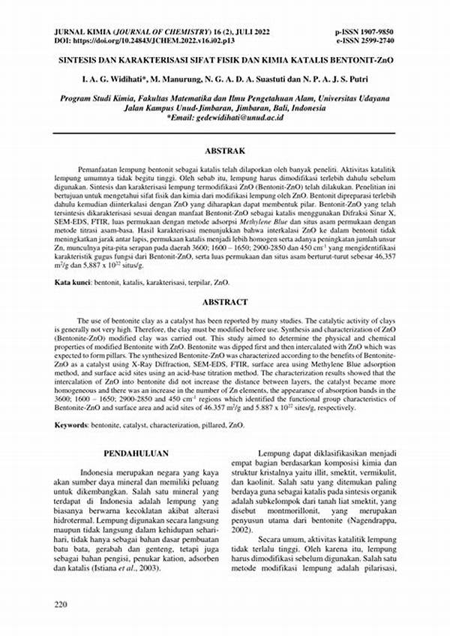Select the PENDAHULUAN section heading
tap(136, 453)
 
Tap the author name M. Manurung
tap(177, 78)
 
